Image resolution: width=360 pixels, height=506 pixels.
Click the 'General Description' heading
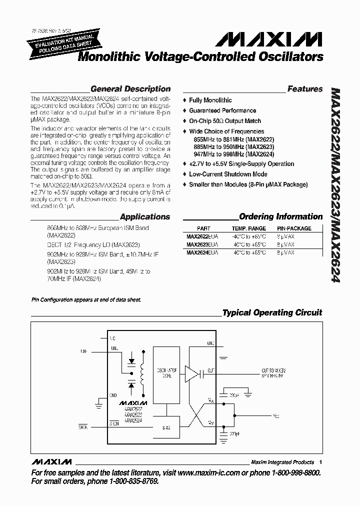[x=130, y=89]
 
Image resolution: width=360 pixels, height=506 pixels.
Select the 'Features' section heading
[x=305, y=89]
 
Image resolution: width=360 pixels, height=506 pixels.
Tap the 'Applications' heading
[x=145, y=217]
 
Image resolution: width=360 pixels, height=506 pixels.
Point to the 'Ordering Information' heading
[x=280, y=216]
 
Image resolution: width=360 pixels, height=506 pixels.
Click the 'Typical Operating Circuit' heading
[x=272, y=313]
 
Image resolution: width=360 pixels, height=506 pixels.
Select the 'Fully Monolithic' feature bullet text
[x=210, y=100]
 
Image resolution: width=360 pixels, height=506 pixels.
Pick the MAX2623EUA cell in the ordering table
[x=202, y=245]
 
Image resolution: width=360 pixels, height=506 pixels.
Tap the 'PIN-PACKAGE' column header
[x=294, y=228]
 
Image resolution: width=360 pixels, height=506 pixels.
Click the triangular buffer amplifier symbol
[x=192, y=372]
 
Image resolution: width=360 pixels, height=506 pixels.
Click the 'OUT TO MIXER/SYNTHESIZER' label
[x=272, y=373]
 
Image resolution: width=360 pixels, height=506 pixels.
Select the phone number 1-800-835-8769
[x=132, y=481]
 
